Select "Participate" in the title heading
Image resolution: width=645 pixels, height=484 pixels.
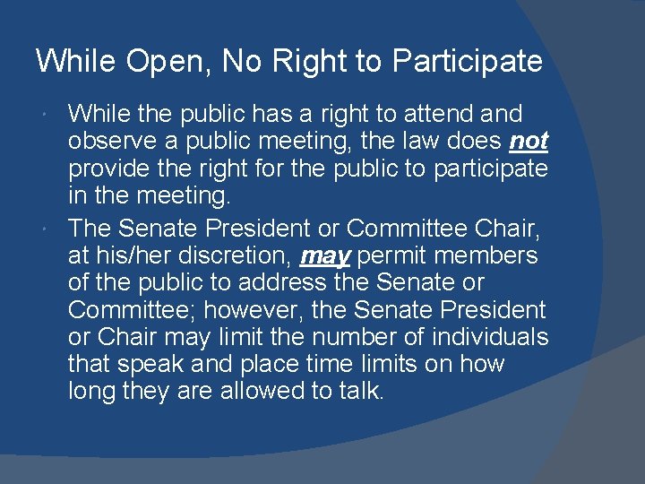click(468, 62)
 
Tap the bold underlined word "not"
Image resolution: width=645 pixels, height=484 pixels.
click(529, 142)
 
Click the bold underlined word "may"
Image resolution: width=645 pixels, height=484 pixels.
click(325, 256)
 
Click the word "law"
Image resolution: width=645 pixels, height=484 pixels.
click(416, 142)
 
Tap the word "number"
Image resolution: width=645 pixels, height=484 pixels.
click(335, 337)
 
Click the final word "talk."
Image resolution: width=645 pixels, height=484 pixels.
click(360, 391)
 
